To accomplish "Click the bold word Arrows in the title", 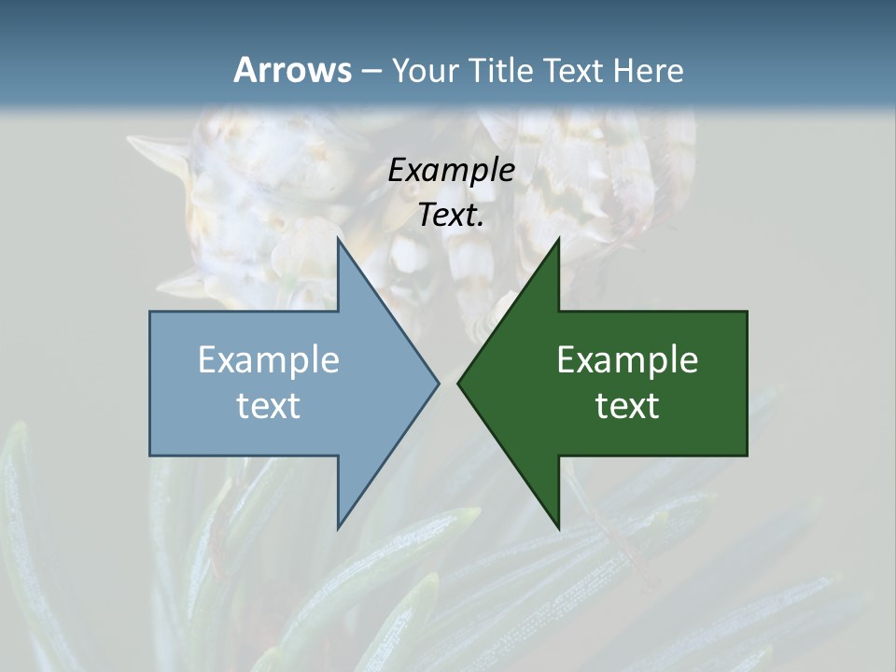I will click(x=291, y=70).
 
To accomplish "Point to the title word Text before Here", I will click(x=575, y=71).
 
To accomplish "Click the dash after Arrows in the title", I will click(x=371, y=72).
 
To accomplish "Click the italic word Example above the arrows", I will click(x=452, y=171).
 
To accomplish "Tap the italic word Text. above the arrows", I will click(x=452, y=215).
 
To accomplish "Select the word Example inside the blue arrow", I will click(x=269, y=359).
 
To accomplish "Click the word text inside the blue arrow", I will click(x=269, y=406).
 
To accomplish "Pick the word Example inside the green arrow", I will click(x=627, y=359).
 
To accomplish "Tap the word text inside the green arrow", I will click(x=627, y=406).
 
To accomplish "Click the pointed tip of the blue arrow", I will click(x=439, y=383).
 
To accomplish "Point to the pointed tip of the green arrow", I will click(x=458, y=383).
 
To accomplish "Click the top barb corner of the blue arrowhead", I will click(x=338, y=239).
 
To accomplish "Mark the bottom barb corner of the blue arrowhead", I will click(x=338, y=528).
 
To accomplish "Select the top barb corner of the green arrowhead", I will click(x=558, y=239).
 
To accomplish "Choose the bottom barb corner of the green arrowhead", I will click(x=558, y=528).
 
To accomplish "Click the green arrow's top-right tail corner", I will click(x=747, y=312).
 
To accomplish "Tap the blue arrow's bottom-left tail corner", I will click(x=150, y=455).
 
